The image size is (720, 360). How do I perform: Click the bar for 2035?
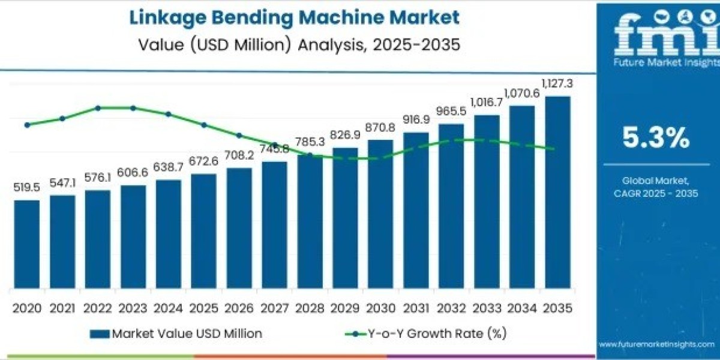tap(557, 192)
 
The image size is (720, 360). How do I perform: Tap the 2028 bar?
tap(310, 221)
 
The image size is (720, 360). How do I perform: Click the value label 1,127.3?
tap(557, 83)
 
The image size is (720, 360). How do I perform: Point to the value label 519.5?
tap(27, 188)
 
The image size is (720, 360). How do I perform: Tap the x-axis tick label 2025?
tap(204, 308)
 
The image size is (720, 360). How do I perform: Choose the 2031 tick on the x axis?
tap(416, 308)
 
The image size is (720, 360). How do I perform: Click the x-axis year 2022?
tap(98, 308)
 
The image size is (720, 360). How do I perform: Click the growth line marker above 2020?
tap(27, 125)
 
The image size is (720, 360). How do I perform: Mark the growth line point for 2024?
tap(169, 113)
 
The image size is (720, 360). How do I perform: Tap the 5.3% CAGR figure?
tap(655, 139)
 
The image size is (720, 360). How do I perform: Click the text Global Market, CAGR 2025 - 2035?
tap(655, 186)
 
